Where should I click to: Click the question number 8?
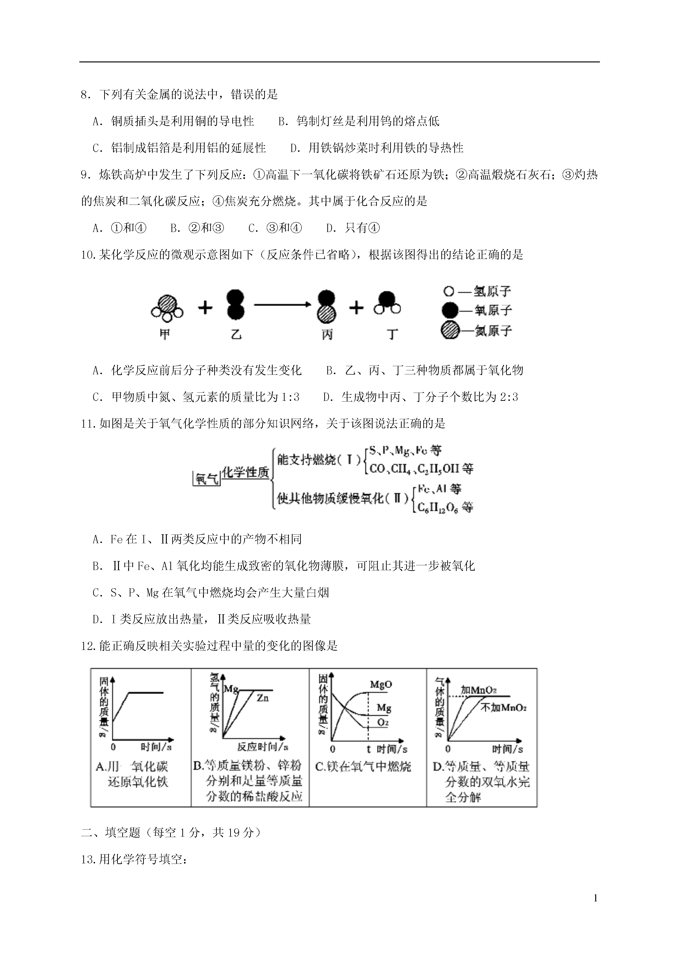coord(85,95)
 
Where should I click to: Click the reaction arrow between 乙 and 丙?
coord(283,304)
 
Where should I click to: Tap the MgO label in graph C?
coord(381,684)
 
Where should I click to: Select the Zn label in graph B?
coord(263,697)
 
